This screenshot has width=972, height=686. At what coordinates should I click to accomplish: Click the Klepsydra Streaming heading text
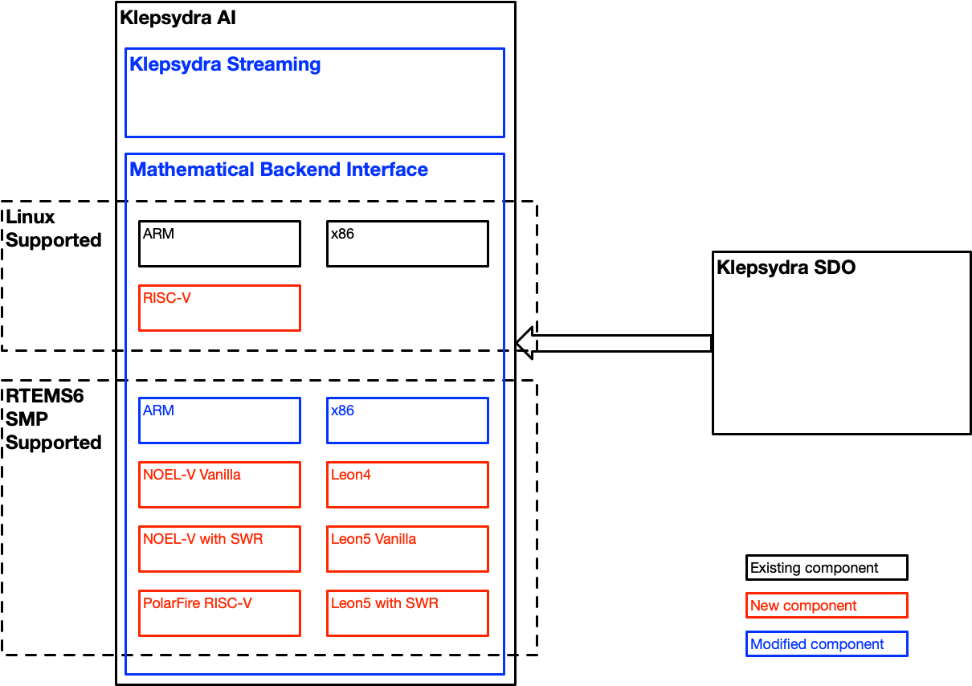[225, 64]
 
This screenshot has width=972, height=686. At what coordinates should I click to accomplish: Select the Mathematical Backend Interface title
[278, 169]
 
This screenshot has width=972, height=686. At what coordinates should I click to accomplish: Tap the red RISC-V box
[219, 308]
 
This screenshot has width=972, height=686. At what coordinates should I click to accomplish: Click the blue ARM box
[219, 420]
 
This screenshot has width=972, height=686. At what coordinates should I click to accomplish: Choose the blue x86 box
[407, 420]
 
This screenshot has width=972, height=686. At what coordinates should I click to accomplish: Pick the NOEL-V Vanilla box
[219, 484]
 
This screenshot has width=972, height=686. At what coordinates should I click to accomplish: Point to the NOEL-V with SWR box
[219, 549]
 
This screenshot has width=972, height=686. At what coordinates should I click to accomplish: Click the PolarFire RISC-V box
[219, 613]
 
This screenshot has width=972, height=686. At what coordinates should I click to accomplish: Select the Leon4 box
[407, 484]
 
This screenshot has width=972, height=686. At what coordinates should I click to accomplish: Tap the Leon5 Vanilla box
[407, 549]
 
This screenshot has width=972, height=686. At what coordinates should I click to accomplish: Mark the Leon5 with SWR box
[407, 613]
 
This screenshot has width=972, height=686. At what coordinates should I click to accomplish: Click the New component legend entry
[827, 606]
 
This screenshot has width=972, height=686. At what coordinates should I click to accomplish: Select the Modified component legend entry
[827, 644]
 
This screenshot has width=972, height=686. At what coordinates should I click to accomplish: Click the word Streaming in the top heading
[274, 64]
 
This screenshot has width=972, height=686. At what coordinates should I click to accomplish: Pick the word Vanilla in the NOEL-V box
[220, 475]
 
